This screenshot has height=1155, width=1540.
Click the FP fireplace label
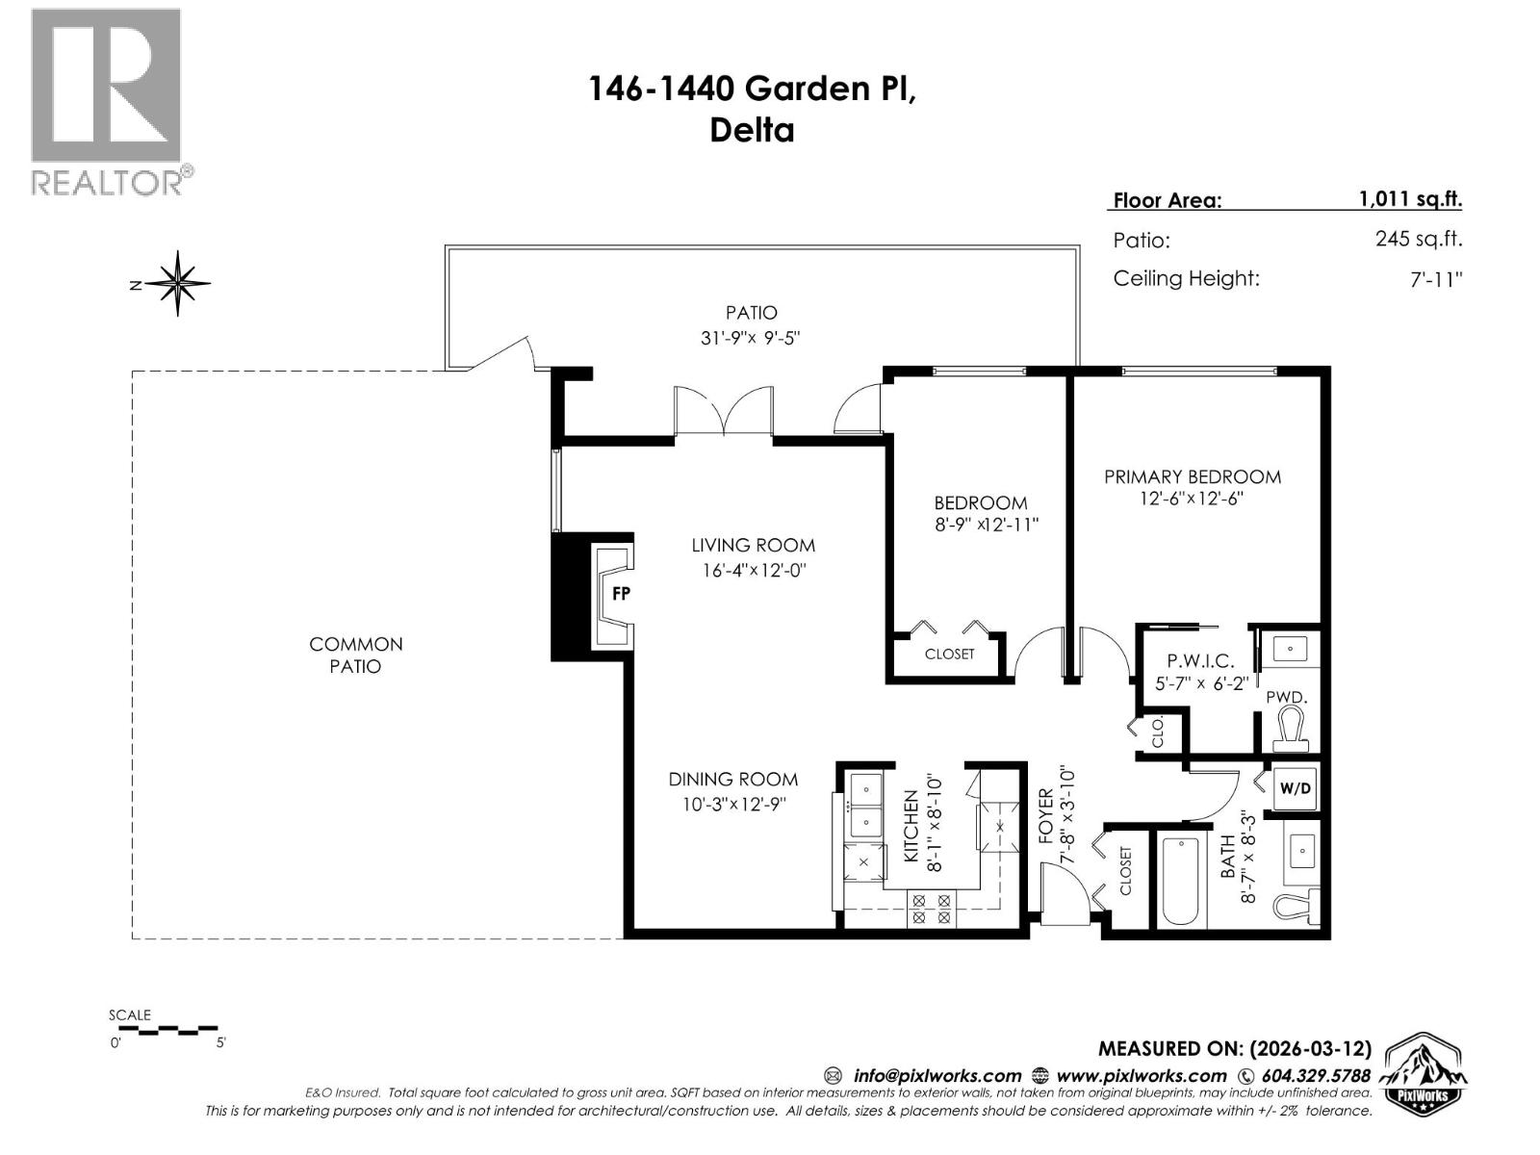pyautogui.click(x=621, y=594)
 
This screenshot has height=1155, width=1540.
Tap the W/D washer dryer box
pyautogui.click(x=1295, y=788)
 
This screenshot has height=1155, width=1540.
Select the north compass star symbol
pyautogui.click(x=178, y=283)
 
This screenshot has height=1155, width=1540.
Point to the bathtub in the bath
pyautogui.click(x=1179, y=880)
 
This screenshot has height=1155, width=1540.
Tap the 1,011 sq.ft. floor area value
pyautogui.click(x=1410, y=199)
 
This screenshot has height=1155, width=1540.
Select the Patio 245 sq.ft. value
pyautogui.click(x=1418, y=239)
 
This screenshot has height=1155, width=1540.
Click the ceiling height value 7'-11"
pyautogui.click(x=1431, y=279)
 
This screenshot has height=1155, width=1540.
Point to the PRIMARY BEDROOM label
pyautogui.click(x=1192, y=476)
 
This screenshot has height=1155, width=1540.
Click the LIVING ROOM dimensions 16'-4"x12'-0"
pyautogui.click(x=753, y=570)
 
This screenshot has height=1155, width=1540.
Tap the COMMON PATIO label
pyautogui.click(x=355, y=654)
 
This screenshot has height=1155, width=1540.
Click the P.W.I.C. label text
pyautogui.click(x=1199, y=661)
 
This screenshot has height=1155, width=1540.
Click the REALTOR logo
pyautogui.click(x=108, y=101)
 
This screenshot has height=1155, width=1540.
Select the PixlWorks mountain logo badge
pyautogui.click(x=1424, y=1074)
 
